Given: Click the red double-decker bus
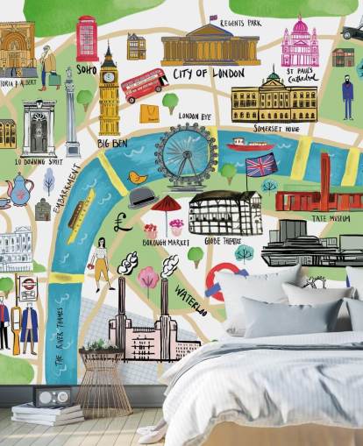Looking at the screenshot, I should [144, 85].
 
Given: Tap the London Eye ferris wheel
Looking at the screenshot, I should [186, 155].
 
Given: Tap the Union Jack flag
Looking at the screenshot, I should [260, 165].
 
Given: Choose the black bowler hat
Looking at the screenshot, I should [141, 196].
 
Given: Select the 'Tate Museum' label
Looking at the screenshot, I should [333, 218].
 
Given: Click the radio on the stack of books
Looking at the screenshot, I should [53, 398].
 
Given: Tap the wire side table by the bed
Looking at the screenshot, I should [103, 382].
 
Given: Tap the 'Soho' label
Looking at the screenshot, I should [87, 68].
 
